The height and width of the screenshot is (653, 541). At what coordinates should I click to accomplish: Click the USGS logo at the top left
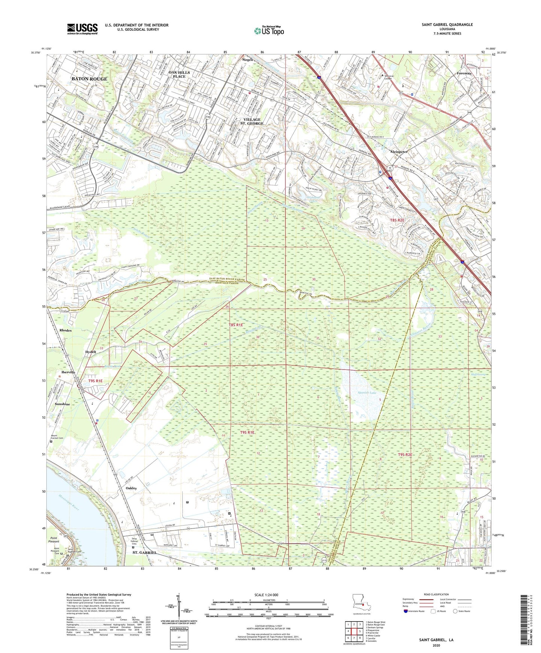click(82, 28)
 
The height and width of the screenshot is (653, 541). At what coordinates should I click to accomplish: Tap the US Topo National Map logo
click(269, 31)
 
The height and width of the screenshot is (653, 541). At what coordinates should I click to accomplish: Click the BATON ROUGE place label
click(89, 79)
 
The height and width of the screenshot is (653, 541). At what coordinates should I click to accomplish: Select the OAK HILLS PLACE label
click(179, 74)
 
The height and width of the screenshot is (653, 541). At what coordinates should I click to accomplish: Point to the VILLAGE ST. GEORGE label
click(252, 121)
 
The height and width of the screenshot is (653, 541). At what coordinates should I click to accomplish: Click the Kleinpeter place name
click(399, 152)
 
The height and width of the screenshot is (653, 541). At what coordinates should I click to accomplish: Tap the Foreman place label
click(464, 73)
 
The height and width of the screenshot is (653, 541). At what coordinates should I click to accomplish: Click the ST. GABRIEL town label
click(145, 552)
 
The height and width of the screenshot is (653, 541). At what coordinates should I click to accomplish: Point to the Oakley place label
click(131, 488)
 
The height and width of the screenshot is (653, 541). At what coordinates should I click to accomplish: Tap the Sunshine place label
click(62, 404)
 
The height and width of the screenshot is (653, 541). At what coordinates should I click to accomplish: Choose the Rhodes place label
click(65, 330)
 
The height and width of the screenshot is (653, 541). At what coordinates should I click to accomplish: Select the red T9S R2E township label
click(405, 455)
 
